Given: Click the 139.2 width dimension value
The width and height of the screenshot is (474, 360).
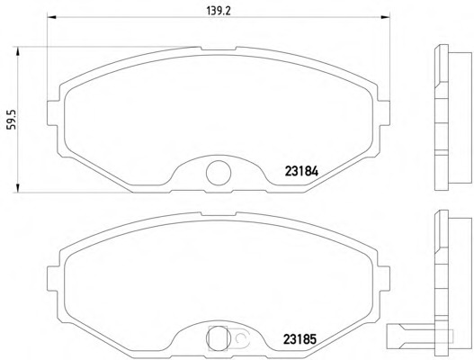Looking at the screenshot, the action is click(x=219, y=11).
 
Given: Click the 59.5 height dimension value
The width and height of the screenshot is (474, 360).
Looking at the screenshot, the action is click(x=11, y=120).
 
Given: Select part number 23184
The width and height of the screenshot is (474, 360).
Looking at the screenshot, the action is click(x=301, y=172).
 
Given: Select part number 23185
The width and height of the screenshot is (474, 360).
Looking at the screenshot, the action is click(x=300, y=338).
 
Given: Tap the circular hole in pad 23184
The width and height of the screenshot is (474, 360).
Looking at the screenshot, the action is click(x=219, y=173).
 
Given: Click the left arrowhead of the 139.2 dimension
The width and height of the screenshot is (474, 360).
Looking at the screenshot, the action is click(x=51, y=17).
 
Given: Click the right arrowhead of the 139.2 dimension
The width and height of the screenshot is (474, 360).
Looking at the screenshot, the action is click(x=386, y=17).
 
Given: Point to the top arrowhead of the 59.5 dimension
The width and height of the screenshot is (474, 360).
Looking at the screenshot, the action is click(x=17, y=51).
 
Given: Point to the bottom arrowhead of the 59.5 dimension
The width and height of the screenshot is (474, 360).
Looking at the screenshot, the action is click(x=17, y=187).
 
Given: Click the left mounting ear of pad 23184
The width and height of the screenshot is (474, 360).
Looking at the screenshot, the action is click(x=53, y=112).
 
